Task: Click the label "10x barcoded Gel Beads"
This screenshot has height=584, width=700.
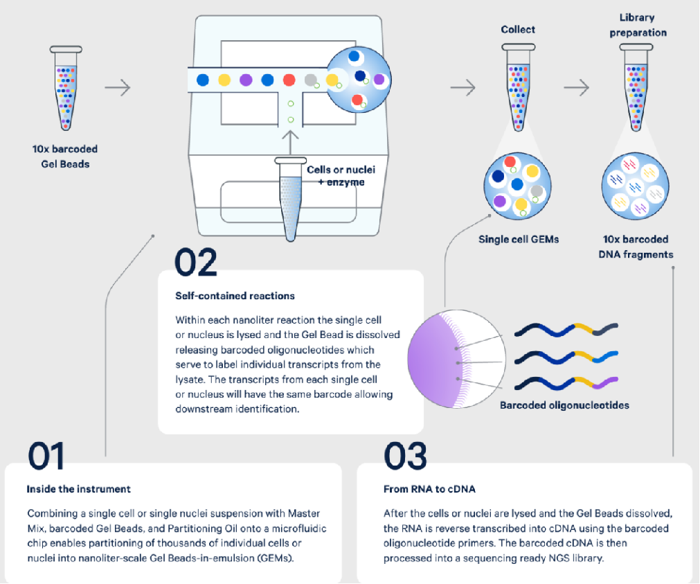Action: pos(64,156)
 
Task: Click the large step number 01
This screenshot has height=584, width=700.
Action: pos(46,457)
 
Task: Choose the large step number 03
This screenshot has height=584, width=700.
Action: pos(406,457)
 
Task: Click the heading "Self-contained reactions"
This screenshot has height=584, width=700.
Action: pos(235,296)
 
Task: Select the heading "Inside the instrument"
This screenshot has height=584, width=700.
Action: pos(78,488)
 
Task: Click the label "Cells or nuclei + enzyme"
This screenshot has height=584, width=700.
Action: pos(335,175)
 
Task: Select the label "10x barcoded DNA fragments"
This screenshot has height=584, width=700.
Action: pos(635,247)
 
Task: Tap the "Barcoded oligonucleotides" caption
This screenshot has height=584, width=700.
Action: pos(564,405)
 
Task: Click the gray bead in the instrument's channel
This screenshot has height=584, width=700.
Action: pos(312,79)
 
